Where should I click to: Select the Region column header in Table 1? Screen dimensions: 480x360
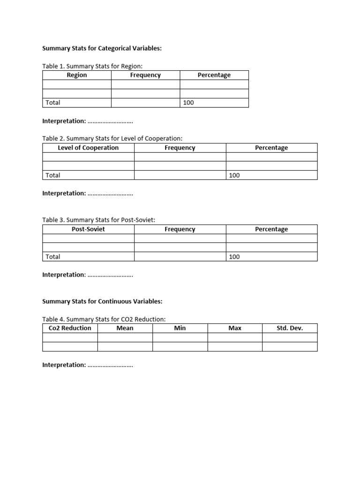[x=77, y=75]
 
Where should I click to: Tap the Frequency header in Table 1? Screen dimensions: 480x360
[x=145, y=75]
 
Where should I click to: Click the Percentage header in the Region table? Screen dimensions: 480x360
[x=214, y=75]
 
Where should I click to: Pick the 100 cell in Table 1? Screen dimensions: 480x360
[x=188, y=103]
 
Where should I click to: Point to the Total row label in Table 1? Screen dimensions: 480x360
[x=53, y=103]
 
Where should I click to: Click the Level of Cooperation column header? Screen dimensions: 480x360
[x=88, y=148]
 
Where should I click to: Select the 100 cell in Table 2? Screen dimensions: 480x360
[x=234, y=175]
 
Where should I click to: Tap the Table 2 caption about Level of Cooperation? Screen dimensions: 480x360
[x=112, y=138]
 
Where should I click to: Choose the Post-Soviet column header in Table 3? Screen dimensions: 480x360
[x=88, y=229]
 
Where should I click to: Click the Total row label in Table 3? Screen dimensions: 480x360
[x=53, y=257]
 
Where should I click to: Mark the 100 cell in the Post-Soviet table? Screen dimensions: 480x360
[x=234, y=257]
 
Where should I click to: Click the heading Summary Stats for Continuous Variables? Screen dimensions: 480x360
[x=102, y=301]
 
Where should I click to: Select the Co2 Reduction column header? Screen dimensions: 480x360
[x=70, y=328]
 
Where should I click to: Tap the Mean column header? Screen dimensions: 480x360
[x=125, y=328]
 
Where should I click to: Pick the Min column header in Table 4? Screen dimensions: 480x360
[x=180, y=328]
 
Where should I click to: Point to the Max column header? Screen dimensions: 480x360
[x=235, y=328]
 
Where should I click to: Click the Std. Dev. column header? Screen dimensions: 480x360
[x=290, y=328]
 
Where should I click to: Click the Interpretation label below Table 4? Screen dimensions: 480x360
[x=64, y=365]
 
